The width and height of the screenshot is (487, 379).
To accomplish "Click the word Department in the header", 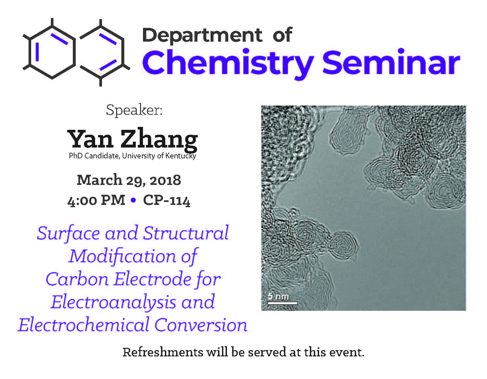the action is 202,35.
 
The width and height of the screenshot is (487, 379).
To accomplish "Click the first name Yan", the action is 90,139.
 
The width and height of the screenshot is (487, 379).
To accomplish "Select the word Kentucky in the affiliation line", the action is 181,156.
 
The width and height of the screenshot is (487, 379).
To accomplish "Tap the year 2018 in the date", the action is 165,181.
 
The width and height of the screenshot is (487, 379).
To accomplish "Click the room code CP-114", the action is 167,200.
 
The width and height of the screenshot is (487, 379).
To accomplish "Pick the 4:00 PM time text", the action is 96,200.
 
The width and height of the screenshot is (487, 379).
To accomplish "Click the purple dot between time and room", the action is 133,200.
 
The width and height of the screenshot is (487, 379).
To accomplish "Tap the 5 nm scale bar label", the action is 278,296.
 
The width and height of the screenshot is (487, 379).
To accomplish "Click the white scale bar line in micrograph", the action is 282,303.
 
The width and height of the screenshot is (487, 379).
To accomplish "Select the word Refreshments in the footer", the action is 163,352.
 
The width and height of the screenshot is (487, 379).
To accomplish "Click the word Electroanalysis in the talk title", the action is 113,302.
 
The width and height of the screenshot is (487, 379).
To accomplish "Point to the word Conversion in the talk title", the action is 201,325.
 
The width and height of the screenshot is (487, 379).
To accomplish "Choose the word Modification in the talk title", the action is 122,256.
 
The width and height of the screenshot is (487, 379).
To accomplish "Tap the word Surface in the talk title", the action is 68,233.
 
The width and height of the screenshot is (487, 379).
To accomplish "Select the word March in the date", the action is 99,180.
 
